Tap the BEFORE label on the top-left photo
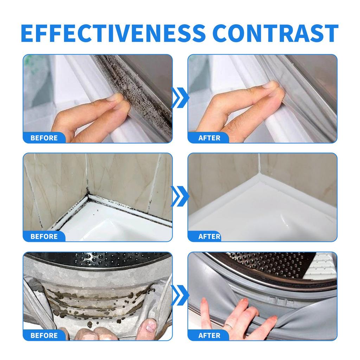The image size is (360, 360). pos(44,138)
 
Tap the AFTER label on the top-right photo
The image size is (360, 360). pos(209,138)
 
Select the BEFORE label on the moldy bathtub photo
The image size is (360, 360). pos(44,236)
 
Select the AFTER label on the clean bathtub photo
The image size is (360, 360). pos(209,236)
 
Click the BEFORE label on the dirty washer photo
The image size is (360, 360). pos(44,335)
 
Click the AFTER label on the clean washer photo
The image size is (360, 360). pos(209,335)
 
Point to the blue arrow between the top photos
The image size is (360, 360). pos(180,98)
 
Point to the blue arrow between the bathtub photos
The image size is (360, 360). pos(180,197)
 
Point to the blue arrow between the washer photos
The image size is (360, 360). pos(180,295)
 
